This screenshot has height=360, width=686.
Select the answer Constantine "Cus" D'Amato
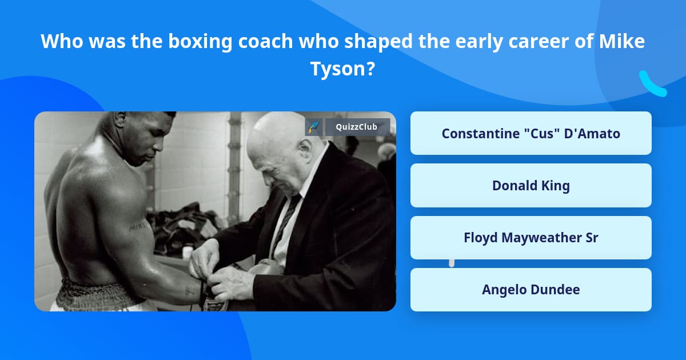531,133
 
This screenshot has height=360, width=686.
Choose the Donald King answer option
531,186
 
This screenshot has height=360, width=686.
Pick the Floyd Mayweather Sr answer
531,238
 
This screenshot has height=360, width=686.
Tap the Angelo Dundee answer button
531,290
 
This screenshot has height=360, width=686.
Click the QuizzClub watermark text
357,127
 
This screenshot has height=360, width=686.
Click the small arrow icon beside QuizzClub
314,127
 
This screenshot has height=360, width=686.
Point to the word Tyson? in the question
342,69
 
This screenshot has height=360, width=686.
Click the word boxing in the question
200,42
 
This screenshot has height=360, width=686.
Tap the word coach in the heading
265,41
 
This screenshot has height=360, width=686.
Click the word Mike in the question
622,41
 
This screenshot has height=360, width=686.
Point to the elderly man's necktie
284,223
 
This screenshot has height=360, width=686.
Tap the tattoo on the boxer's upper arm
137,227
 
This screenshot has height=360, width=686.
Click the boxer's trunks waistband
92,294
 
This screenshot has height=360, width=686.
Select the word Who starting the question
62,41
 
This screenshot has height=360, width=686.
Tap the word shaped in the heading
378,42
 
